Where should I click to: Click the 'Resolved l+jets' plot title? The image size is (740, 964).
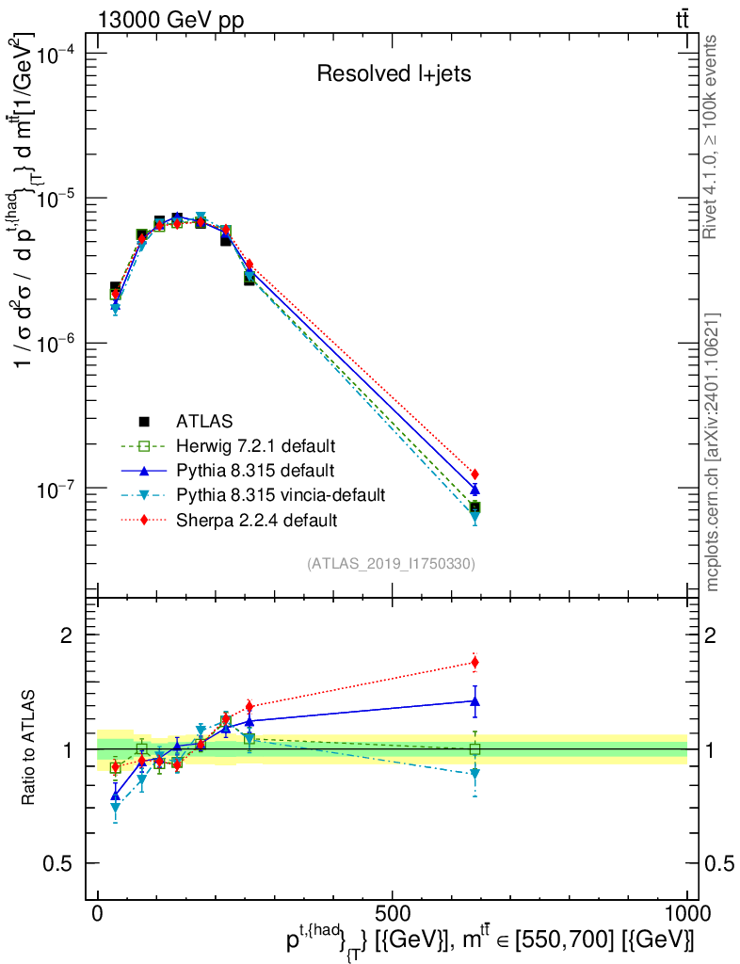click(394, 74)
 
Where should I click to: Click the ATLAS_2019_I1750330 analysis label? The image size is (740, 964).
click(390, 564)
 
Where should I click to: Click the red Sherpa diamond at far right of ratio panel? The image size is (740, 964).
click(475, 662)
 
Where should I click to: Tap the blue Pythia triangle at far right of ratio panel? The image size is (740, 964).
click(475, 700)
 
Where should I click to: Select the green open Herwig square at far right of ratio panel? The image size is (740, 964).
click(475, 749)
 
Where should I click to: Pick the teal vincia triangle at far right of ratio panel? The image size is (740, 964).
click(475, 774)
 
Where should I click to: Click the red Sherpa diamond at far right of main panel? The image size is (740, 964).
click(475, 474)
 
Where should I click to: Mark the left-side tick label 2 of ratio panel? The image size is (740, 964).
click(67, 635)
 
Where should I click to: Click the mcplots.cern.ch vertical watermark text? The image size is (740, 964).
click(713, 452)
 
